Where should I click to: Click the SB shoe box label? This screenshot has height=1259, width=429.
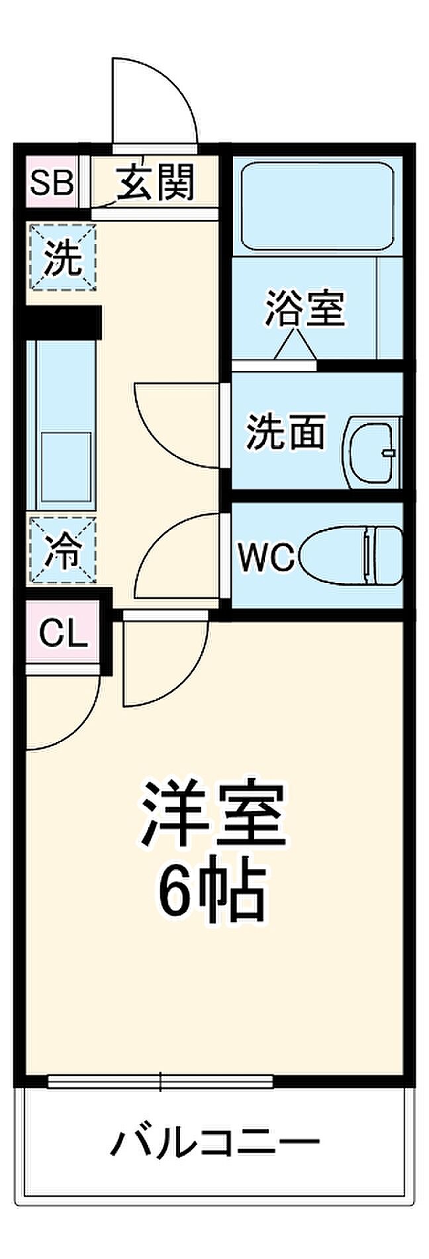[x=52, y=182]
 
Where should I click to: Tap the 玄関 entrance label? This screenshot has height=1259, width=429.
[x=156, y=182]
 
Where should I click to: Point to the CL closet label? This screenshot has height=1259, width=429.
[x=63, y=635]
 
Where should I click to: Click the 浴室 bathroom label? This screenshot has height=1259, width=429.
[x=305, y=308]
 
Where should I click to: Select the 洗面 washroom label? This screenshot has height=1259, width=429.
[x=286, y=431]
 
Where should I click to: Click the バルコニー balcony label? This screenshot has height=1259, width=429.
[x=215, y=1142]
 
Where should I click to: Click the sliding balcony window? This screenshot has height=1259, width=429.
[x=161, y=1081]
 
